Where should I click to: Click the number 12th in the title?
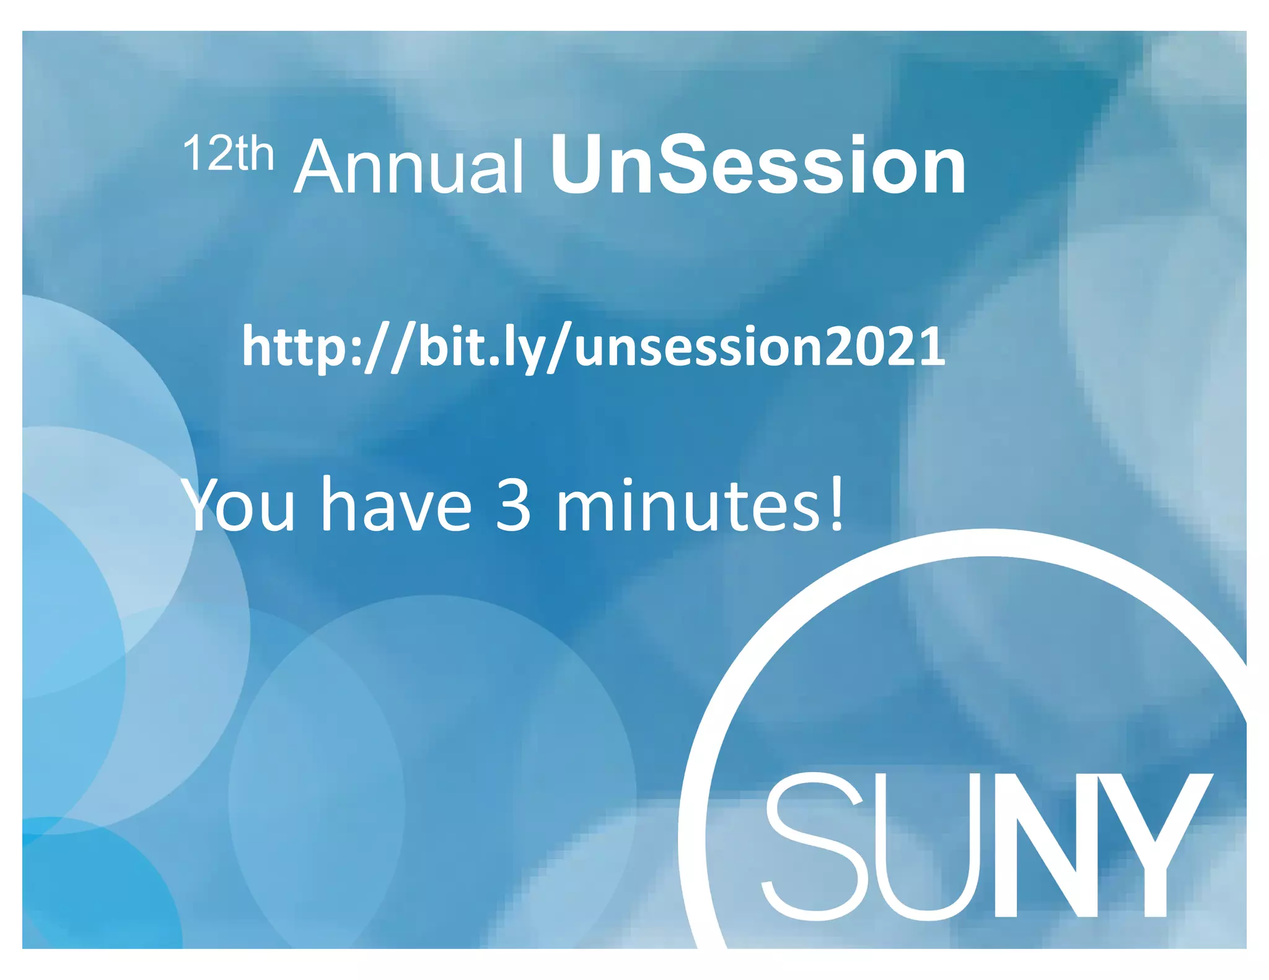pyautogui.click(x=228, y=154)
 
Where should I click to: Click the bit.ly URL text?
pyautogui.click(x=593, y=348)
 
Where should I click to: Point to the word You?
pyautogui.click(x=239, y=505)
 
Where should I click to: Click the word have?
pyautogui.click(x=396, y=505)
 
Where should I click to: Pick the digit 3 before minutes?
pyautogui.click(x=513, y=505)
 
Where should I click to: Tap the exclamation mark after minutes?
pyautogui.click(x=836, y=503)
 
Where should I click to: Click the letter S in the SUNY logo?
pyautogui.click(x=813, y=846)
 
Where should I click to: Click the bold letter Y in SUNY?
pyautogui.click(x=1157, y=846)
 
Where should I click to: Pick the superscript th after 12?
pyautogui.click(x=255, y=155)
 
